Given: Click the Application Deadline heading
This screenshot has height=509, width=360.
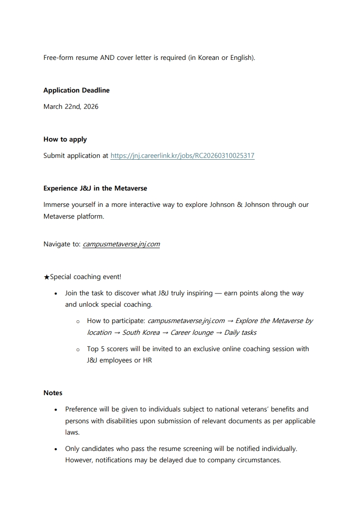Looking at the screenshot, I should pos(76,90).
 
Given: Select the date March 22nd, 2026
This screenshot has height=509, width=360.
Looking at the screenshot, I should pos(71,107).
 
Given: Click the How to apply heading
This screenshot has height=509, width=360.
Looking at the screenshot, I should pos(65,139).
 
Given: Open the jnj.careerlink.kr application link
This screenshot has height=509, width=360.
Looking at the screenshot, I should pos(182,156).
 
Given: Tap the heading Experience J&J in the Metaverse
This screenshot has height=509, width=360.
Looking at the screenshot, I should pos(95,188).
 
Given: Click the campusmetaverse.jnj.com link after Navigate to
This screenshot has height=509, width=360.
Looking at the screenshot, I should pos(121,244).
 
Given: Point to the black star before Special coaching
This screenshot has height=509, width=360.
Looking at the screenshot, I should pos(46,277).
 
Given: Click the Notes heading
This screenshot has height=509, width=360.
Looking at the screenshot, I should pos(53,393).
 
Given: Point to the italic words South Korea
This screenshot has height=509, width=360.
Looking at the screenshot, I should pos(141,333).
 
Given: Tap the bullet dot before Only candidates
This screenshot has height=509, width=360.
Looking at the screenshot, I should pos(55,449).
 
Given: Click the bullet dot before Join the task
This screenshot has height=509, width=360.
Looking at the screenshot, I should pos(55,294).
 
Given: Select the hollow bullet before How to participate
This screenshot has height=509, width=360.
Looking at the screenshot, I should pos(78,321).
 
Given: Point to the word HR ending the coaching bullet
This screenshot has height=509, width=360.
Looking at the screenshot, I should pos(146,361).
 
